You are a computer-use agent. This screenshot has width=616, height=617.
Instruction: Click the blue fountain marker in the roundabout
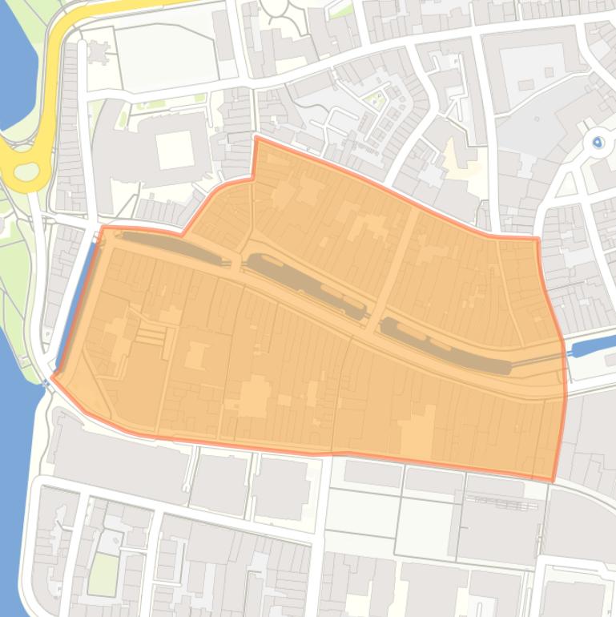point(598,143)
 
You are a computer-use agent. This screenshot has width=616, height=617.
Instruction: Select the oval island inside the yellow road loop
point(26,171)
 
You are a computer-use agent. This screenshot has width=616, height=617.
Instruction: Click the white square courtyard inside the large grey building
point(175,151)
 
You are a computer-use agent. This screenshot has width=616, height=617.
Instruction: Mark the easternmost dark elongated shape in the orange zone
point(445,345)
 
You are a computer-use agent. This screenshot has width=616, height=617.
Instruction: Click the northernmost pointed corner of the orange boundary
point(256,138)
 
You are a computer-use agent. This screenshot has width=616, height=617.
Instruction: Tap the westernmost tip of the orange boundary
point(52,377)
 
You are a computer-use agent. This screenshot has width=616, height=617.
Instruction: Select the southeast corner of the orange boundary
point(553,481)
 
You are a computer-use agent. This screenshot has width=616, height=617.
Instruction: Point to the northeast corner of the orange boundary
point(537,238)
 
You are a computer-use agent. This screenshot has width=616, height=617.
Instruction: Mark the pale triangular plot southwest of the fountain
point(567,185)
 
